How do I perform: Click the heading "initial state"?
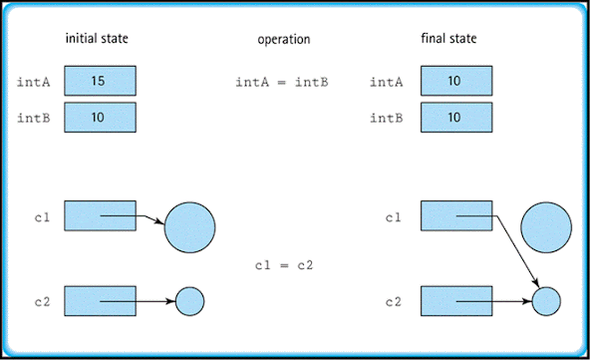(97, 39)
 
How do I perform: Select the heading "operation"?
(283, 39)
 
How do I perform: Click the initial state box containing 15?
(100, 80)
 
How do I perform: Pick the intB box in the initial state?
(100, 118)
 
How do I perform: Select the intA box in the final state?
(455, 80)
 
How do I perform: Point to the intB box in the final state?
(455, 118)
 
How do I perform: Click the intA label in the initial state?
(34, 81)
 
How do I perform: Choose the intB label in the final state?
(390, 118)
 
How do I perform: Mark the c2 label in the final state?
(396, 299)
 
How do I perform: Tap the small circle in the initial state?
(189, 299)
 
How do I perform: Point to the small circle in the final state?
(545, 299)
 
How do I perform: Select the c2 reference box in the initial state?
(100, 299)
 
